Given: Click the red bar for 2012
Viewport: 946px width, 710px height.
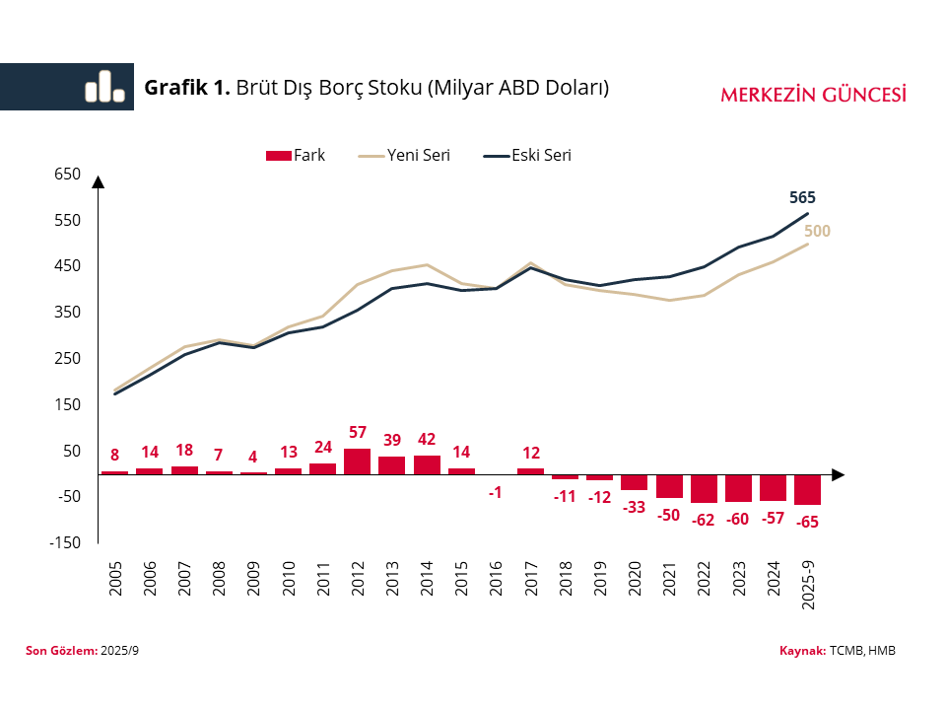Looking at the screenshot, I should (x=357, y=461).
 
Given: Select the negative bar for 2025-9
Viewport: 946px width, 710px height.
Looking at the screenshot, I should (x=807, y=489).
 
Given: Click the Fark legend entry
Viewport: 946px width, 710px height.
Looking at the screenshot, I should (x=296, y=155).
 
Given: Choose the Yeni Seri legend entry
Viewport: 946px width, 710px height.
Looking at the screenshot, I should (x=404, y=155).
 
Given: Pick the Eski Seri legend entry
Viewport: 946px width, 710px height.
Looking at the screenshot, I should (x=528, y=155).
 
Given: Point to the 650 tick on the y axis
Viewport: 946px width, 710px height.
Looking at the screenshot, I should (x=67, y=174).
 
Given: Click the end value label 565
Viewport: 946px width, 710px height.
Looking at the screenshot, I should (x=803, y=197).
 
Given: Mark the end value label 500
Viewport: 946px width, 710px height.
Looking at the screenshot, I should (x=818, y=232).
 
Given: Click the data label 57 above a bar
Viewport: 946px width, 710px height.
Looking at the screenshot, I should (x=358, y=433).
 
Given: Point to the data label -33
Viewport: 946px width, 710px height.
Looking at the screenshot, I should (x=634, y=507).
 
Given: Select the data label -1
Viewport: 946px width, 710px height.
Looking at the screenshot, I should (x=496, y=492).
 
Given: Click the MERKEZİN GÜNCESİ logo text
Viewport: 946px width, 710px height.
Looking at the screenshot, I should (x=813, y=95).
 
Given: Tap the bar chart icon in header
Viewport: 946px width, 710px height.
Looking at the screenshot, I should (x=104, y=87).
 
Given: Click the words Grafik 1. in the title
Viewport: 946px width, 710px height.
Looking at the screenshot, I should (x=187, y=88).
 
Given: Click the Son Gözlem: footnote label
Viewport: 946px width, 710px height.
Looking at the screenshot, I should (x=61, y=651).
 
